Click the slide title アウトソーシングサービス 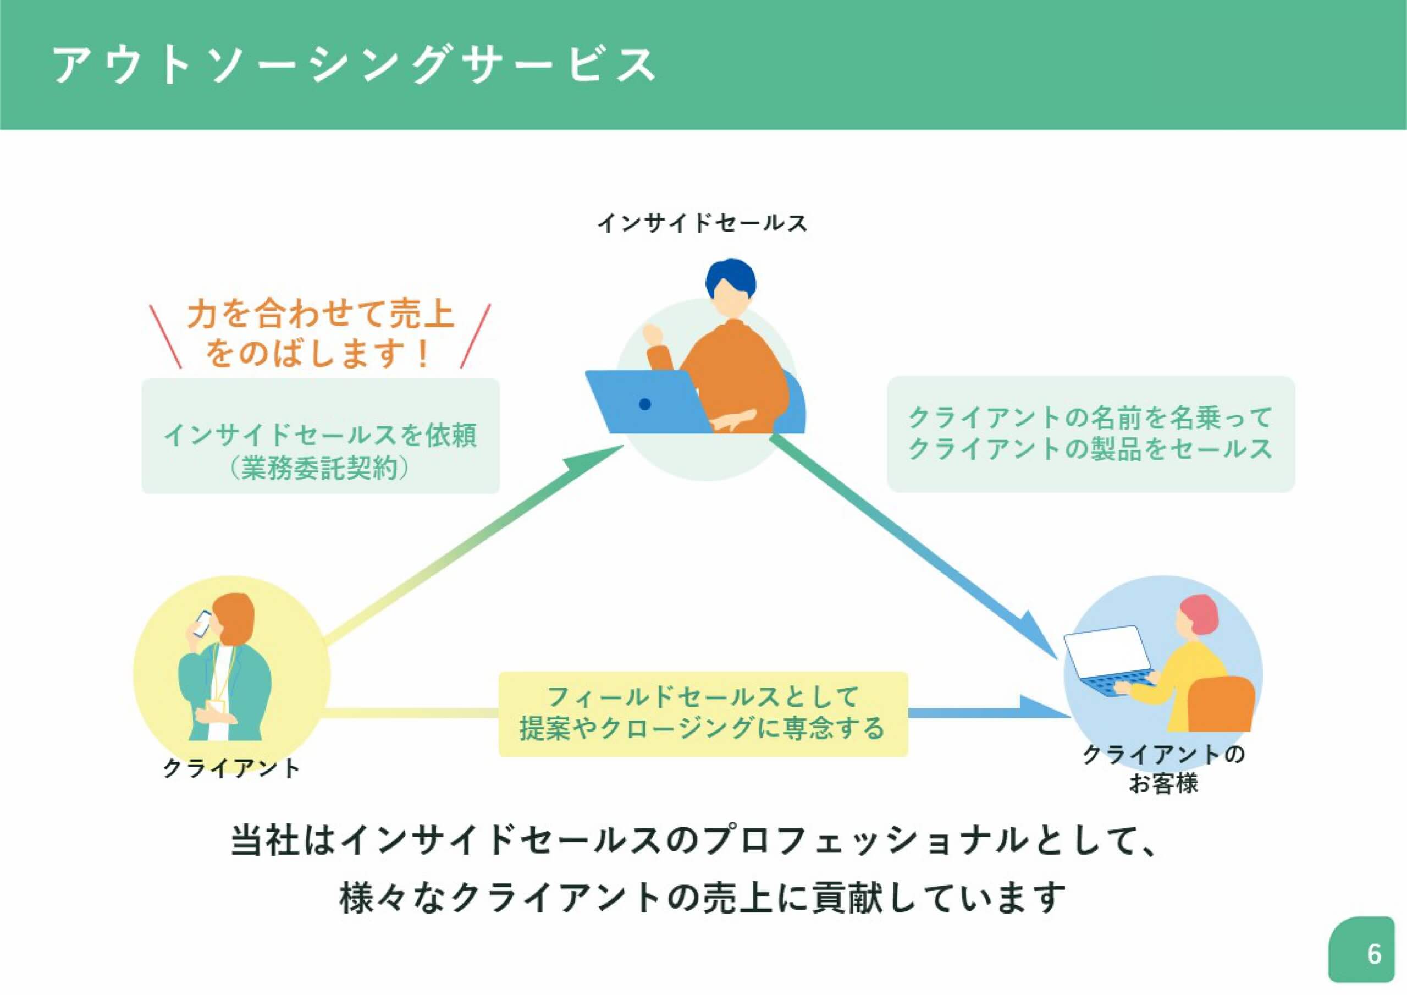354,64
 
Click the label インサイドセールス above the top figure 702,223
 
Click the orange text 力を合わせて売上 321,315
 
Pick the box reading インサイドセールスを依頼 321,435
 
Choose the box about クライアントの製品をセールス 1090,434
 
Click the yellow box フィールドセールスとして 703,713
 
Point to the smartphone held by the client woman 202,623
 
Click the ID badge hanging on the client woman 216,707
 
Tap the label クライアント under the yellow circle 231,768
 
